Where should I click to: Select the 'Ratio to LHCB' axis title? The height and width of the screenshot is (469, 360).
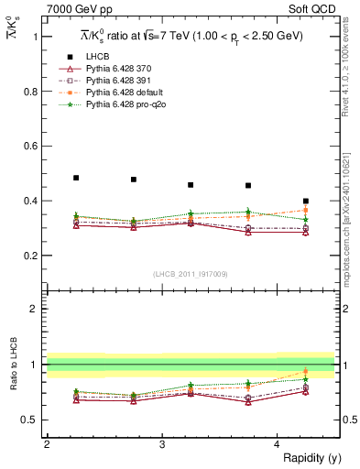[x=13, y=387]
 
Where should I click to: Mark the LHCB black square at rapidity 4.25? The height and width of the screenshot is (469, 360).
[x=306, y=201]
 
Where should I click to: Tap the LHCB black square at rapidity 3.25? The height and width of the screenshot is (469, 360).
[x=191, y=185]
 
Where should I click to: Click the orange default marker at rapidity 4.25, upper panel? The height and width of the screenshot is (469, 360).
[x=306, y=210]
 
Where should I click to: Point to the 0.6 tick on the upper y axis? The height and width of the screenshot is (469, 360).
[x=34, y=146]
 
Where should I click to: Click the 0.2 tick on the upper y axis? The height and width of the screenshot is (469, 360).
[x=34, y=256]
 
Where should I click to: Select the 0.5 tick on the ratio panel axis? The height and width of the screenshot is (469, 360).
[x=34, y=420]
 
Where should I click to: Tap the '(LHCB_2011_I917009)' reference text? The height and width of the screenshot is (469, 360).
[x=191, y=274]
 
